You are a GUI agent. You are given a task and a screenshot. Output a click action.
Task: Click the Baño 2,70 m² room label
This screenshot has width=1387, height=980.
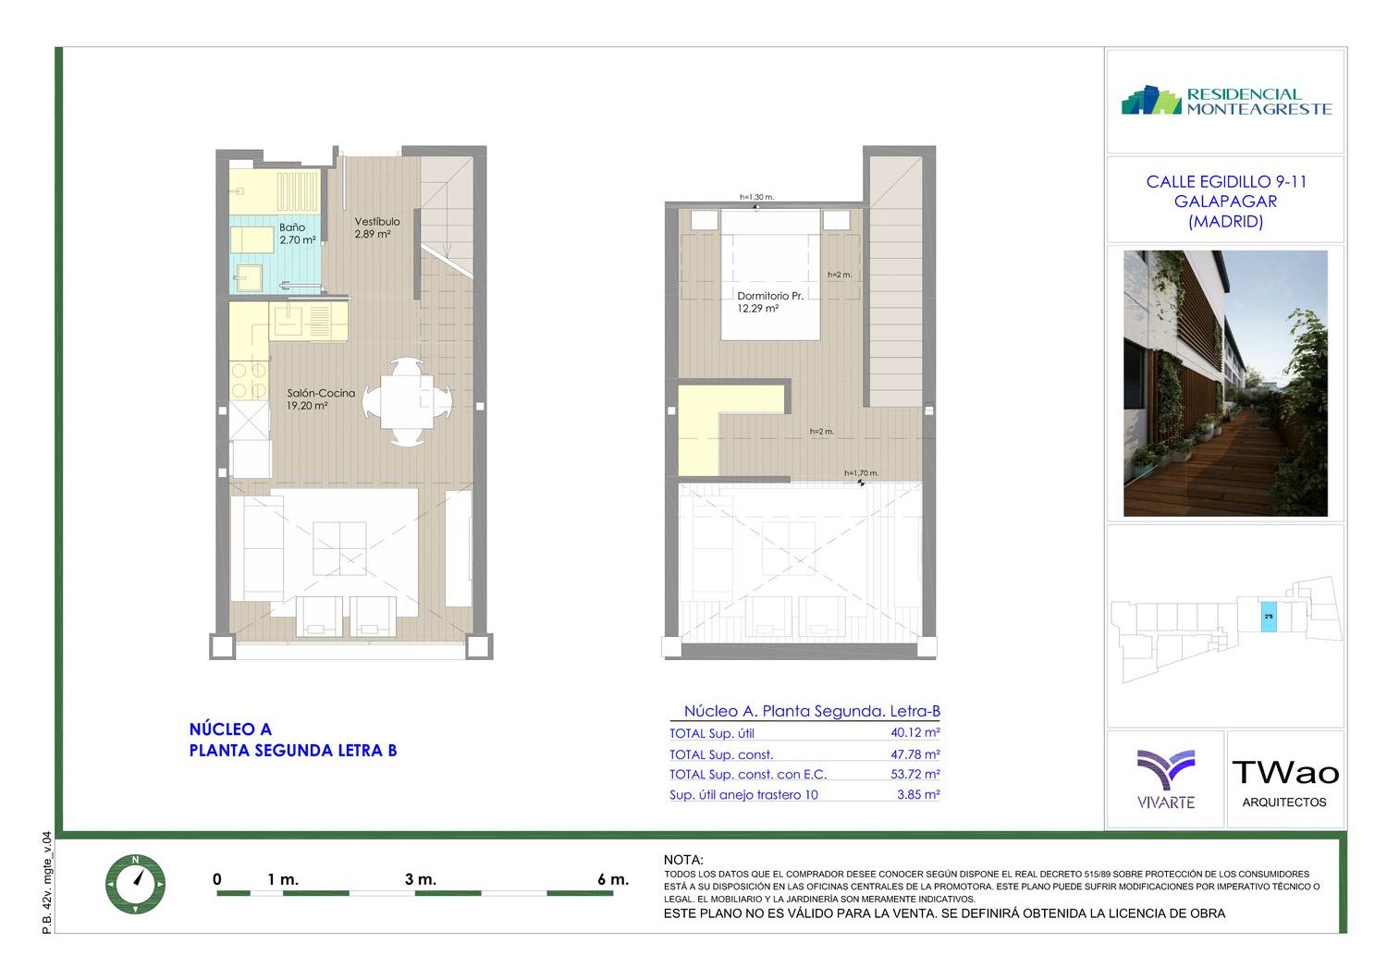[x=297, y=233]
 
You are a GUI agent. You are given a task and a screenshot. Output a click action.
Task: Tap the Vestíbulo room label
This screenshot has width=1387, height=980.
[x=377, y=222]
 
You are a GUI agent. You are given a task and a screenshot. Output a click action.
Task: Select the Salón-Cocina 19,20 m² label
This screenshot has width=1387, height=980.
[x=321, y=399]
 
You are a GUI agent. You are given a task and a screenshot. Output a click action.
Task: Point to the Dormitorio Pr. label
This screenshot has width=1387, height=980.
[x=770, y=296]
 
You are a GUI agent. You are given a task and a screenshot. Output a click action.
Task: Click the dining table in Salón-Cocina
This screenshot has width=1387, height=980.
[x=407, y=401]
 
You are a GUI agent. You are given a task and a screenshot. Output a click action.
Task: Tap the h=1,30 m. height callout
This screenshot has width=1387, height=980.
[x=756, y=198]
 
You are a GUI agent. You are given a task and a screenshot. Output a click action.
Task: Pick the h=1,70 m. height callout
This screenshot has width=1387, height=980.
[x=861, y=473]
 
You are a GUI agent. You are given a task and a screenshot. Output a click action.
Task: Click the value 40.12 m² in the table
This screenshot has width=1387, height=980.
[x=915, y=732]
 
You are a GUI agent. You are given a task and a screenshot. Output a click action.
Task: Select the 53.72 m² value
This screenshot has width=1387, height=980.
[x=915, y=774]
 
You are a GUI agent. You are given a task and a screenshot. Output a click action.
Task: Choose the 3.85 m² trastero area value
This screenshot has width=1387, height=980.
[x=918, y=794]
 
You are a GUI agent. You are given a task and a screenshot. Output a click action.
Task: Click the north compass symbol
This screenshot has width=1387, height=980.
[x=136, y=884]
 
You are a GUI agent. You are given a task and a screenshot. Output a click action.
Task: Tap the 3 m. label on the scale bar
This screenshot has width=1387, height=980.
[x=421, y=879]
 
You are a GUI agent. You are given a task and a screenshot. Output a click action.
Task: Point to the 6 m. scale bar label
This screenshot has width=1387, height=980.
[x=613, y=879]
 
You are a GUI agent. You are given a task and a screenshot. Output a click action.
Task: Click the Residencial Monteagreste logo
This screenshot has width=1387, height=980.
[x=1226, y=101]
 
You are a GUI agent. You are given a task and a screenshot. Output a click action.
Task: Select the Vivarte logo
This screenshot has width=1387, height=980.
[x=1166, y=778]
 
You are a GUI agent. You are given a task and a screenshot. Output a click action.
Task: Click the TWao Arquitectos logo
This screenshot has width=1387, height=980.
[x=1285, y=783]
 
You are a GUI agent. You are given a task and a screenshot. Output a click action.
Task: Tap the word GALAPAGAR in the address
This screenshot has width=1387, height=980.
[x=1225, y=202]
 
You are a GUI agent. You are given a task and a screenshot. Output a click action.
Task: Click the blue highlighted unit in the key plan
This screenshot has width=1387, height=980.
[x=1269, y=617]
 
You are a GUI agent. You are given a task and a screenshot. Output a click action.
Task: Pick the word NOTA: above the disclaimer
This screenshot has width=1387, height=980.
[x=683, y=860]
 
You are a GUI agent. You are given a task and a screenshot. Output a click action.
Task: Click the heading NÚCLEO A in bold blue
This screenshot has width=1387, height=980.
[x=230, y=729]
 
